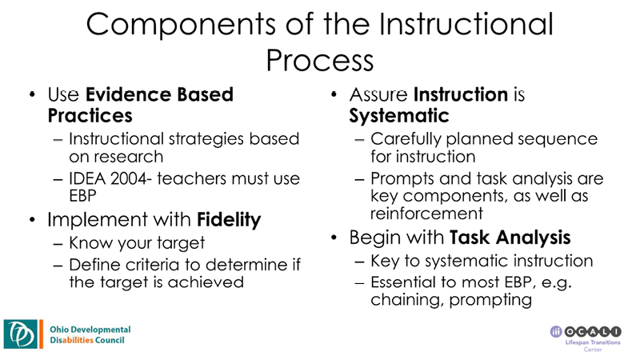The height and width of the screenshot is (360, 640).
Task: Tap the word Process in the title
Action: [319, 60]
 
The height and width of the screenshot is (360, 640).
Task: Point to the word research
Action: [119, 158]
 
